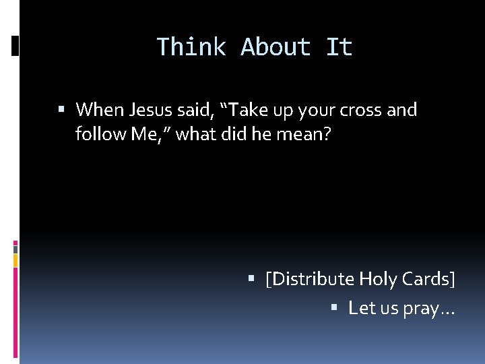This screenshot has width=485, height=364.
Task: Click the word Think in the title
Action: click(191, 47)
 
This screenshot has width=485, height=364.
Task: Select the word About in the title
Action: click(276, 47)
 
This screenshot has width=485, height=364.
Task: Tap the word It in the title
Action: click(339, 47)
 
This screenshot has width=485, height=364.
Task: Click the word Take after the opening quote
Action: click(245, 110)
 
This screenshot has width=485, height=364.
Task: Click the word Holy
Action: click(378, 279)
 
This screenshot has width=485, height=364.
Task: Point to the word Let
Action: click(361, 309)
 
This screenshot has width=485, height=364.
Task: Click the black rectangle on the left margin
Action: click(15, 46)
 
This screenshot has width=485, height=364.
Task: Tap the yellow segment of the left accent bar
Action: click(15, 260)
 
